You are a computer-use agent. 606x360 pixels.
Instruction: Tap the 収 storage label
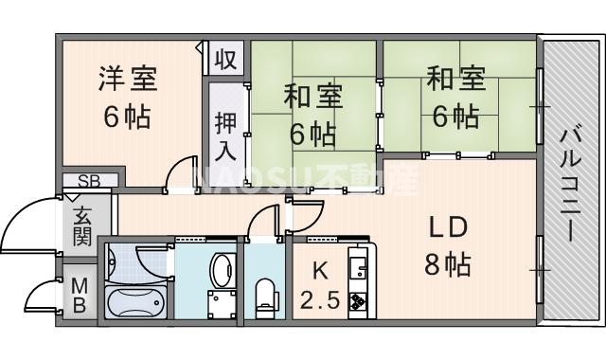(x=224, y=61)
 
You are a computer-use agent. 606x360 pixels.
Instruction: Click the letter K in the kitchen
(x=320, y=269)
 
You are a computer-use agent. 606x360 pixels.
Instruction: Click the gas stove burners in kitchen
(x=360, y=302)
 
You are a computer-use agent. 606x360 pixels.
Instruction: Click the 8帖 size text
(x=447, y=266)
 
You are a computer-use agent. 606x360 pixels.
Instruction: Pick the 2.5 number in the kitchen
(x=320, y=304)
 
